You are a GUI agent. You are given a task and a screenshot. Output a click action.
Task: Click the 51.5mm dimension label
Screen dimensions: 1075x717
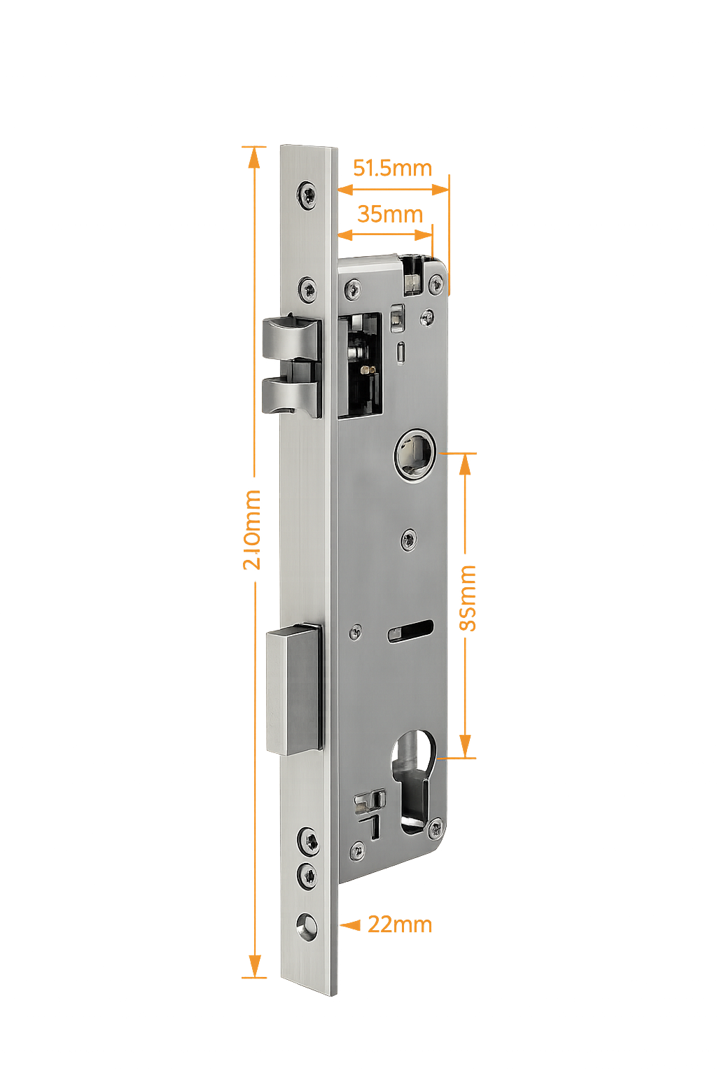click(391, 169)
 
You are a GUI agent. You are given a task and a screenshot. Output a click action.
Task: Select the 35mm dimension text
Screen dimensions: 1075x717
click(389, 214)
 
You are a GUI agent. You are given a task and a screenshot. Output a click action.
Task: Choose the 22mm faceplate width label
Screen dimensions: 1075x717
click(400, 925)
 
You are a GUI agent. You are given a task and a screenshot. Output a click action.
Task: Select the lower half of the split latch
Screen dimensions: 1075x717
click(291, 395)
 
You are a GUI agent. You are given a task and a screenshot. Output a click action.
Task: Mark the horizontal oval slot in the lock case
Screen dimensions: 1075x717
click(410, 630)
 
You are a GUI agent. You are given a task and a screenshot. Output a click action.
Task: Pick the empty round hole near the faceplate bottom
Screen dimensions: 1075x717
click(306, 925)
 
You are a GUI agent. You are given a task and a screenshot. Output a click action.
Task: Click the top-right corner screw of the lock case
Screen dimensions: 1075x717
click(436, 283)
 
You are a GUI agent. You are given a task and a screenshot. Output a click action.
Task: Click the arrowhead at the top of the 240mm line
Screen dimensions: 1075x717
click(254, 156)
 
